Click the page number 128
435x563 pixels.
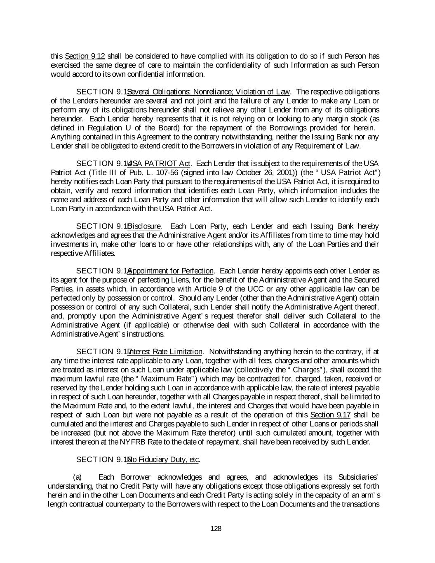click(x=216, y=529)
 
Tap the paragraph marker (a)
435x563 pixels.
click(x=77, y=478)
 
